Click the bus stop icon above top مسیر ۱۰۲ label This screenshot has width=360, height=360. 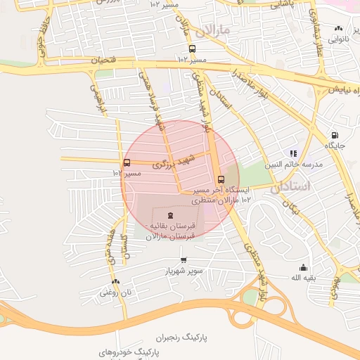point(192,49)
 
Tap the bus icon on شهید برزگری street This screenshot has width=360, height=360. point(127,163)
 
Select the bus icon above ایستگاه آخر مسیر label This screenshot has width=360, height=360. point(221,179)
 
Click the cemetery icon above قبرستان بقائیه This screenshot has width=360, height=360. point(171,215)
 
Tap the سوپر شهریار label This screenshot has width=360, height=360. point(184,271)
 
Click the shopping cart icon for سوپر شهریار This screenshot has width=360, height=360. point(184,260)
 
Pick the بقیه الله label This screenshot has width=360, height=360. point(305,278)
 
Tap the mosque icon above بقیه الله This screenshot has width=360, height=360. point(303,267)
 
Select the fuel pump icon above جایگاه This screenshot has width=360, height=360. point(334,135)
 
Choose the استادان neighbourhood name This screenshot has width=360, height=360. point(290,187)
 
